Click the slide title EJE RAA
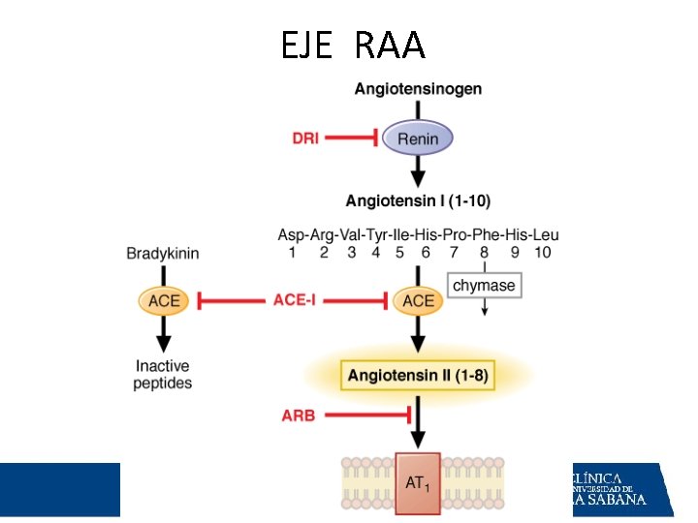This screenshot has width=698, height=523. (x=354, y=45)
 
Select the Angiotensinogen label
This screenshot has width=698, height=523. (x=418, y=89)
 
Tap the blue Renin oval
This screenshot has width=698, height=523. (x=418, y=138)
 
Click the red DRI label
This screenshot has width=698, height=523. (x=305, y=138)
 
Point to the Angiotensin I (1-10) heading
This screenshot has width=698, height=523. (x=418, y=201)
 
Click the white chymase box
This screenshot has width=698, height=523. (x=485, y=285)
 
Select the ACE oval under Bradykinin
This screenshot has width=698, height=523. (x=164, y=300)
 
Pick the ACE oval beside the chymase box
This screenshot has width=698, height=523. (x=418, y=300)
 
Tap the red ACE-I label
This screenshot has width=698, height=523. (x=295, y=300)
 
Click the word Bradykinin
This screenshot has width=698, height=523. (x=163, y=254)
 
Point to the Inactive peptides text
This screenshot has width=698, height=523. (x=163, y=375)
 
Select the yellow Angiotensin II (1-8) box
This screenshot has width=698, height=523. (x=418, y=376)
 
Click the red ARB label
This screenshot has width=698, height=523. (x=299, y=415)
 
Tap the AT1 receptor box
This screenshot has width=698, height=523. (x=418, y=483)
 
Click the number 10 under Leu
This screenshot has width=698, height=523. (x=543, y=253)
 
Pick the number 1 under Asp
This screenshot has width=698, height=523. (x=292, y=253)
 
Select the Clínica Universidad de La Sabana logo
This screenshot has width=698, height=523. (x=622, y=490)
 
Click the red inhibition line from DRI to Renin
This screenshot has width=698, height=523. (x=352, y=138)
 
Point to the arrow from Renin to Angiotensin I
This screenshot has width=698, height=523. (x=418, y=171)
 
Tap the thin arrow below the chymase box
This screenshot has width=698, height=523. (x=485, y=307)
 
